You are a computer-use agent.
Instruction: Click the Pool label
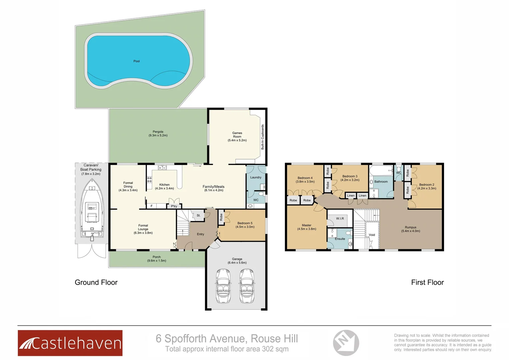(137, 61)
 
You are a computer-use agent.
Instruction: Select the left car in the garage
(223, 286)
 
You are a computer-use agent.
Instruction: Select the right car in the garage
(247, 286)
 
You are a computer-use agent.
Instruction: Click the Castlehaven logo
(70, 343)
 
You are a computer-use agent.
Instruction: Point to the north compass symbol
(346, 342)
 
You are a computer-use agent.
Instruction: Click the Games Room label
(237, 135)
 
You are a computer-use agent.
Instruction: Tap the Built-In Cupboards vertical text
(262, 137)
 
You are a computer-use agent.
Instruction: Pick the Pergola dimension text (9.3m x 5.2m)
(158, 136)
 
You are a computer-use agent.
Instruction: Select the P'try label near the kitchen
(174, 206)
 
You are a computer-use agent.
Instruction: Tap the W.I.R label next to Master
(340, 219)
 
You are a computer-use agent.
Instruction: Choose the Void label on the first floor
(372, 235)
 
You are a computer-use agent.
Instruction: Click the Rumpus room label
(410, 227)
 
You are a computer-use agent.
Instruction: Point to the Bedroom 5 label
(245, 223)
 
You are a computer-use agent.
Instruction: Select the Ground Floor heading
(96, 282)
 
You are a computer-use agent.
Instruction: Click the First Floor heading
(427, 282)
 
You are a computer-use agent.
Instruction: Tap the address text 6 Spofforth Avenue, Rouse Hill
(227, 339)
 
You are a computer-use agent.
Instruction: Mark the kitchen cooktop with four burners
(150, 180)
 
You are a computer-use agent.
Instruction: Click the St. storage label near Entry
(199, 216)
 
